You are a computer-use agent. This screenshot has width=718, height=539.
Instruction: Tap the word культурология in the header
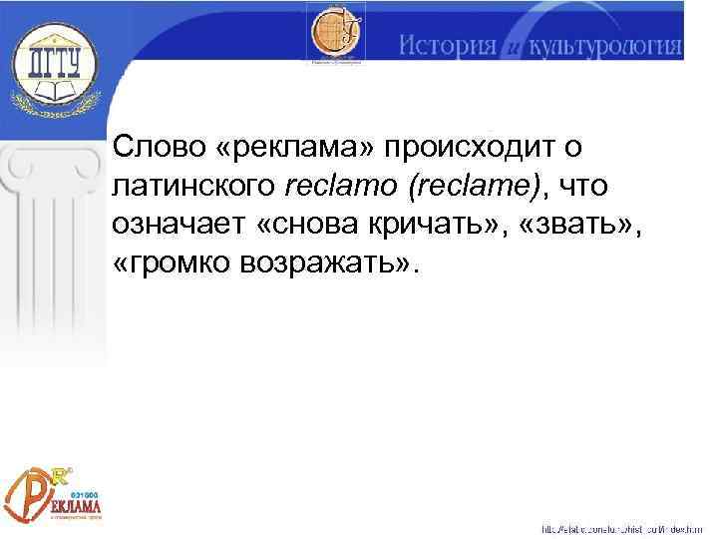(604, 46)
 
